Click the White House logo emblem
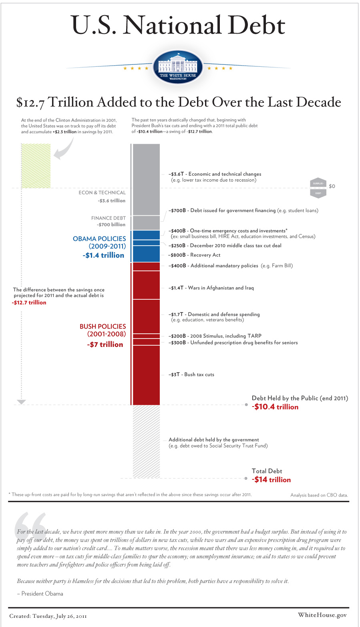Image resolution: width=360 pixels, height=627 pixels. pyautogui.click(x=178, y=67)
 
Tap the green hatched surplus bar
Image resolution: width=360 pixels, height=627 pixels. pyautogui.click(x=36, y=166)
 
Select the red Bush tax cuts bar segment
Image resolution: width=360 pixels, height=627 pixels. pyautogui.click(x=146, y=375)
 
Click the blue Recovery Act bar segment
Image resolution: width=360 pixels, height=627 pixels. pyautogui.click(x=146, y=254)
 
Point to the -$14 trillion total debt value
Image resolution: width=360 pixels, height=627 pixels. pyautogui.click(x=271, y=480)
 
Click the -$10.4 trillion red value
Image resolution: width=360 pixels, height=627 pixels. pyautogui.click(x=275, y=407)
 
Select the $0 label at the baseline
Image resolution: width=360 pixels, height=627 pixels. pyautogui.click(x=332, y=186)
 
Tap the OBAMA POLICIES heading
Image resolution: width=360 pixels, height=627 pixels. pyautogui.click(x=99, y=239)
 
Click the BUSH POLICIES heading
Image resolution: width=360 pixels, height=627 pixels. pyautogui.click(x=103, y=327)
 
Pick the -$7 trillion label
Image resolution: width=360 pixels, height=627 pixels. pyautogui.click(x=105, y=345)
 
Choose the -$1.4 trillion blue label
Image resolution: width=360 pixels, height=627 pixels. pyautogui.click(x=103, y=255)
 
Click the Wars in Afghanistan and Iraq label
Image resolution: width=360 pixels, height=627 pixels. pyautogui.click(x=211, y=288)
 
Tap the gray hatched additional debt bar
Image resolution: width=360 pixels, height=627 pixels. pyautogui.click(x=146, y=442)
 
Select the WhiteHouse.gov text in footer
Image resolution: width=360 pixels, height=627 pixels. pyautogui.click(x=322, y=615)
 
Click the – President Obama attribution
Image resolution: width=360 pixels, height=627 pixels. pyautogui.click(x=40, y=594)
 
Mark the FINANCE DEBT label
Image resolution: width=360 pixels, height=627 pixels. pyautogui.click(x=108, y=218)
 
